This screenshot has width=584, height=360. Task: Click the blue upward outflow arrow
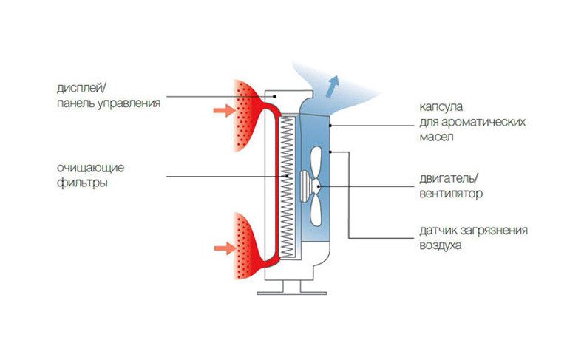click(333, 83)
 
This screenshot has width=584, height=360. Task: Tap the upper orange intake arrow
click(222, 112)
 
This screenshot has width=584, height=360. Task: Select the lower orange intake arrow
click(222, 246)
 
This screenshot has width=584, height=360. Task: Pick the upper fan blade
click(317, 160)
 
